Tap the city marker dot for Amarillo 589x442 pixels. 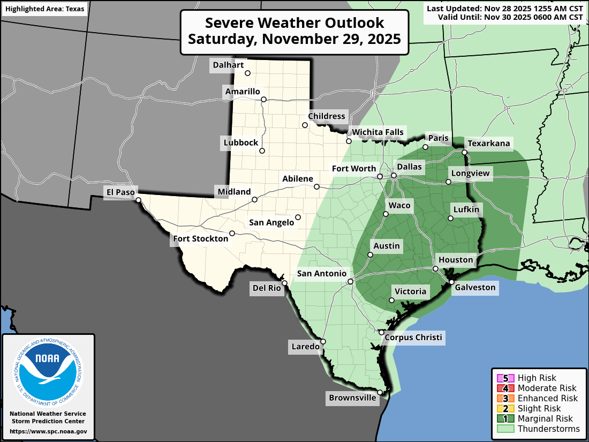tap(263, 99)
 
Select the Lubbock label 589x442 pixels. tap(241, 143)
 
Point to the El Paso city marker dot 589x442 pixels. tap(138, 200)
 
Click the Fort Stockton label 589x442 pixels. tap(200, 238)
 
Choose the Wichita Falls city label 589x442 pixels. tap(377, 132)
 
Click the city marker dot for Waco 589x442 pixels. tap(386, 214)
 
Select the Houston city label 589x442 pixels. tap(456, 260)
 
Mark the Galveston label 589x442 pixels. tap(475, 288)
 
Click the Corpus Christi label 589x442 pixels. tap(413, 337)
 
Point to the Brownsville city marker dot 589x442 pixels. tap(380, 392)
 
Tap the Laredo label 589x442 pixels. tap(305, 347)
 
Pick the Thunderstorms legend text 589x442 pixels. tap(548, 429)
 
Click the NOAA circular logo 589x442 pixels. tap(48, 370)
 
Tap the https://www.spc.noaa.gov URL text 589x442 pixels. tap(48, 431)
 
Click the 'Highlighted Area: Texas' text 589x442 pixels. tap(44, 10)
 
